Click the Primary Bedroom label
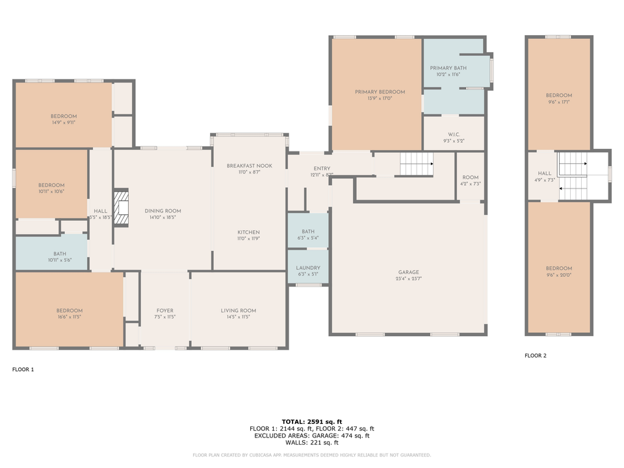380,92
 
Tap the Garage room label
408,272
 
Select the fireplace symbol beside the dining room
120,207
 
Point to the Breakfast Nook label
249,166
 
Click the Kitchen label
248,232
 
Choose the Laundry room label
307,268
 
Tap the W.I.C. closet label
454,135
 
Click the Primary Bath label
448,68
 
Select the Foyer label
165,311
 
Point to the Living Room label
239,311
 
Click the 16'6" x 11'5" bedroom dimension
69,317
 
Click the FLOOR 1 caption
23,369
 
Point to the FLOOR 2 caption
536,356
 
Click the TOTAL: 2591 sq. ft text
311,422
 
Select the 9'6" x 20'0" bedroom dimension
558,275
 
